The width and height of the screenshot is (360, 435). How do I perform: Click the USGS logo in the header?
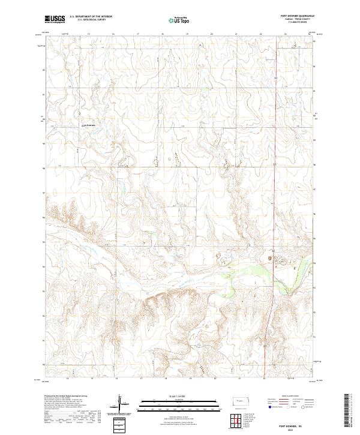coord(55,19)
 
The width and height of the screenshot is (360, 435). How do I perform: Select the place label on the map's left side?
coord(88,124)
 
